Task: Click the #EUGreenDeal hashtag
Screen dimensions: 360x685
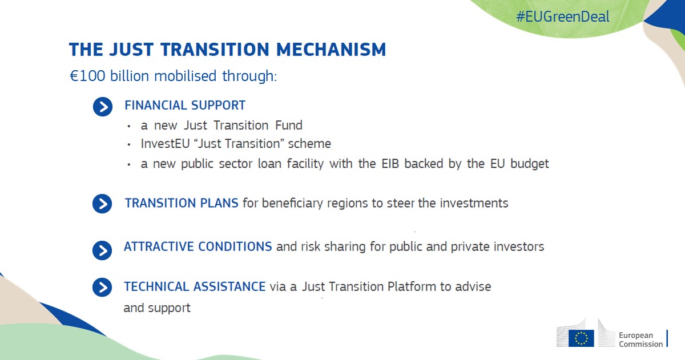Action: [x=562, y=17]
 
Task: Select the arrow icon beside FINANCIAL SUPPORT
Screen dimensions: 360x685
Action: [x=103, y=107]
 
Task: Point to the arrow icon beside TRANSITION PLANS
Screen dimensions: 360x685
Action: [x=102, y=204]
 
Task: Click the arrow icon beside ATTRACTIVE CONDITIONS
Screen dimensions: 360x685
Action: [x=102, y=250]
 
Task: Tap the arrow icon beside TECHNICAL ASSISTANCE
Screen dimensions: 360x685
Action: [x=102, y=288]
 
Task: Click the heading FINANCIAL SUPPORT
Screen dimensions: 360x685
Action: [x=185, y=106]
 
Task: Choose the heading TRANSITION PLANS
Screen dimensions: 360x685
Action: [x=182, y=203]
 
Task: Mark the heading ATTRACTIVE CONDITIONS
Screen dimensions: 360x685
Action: [x=198, y=247]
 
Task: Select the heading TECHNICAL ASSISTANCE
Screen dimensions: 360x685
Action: [x=195, y=286]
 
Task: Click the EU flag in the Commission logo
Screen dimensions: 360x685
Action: [x=581, y=338]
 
